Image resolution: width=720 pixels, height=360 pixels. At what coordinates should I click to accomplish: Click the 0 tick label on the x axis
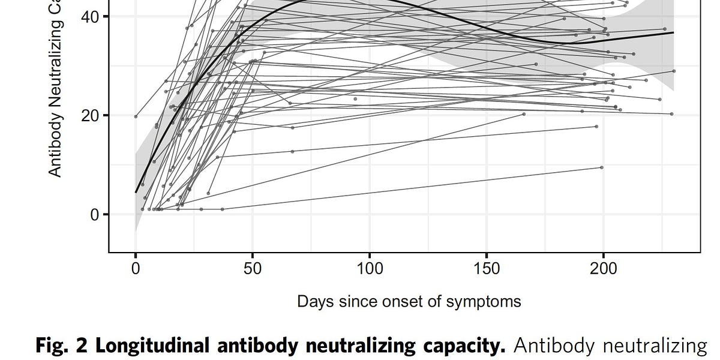pos(136,268)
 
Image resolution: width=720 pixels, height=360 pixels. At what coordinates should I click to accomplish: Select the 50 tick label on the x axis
pos(253,268)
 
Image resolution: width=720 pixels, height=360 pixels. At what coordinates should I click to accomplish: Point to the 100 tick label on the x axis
pos(370,268)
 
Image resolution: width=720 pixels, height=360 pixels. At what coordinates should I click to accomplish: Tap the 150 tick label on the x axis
pos(487,268)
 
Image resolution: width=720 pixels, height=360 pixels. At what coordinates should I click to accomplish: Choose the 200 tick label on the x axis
pos(604,268)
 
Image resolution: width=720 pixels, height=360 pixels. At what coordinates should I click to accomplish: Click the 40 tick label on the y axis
pos(91,17)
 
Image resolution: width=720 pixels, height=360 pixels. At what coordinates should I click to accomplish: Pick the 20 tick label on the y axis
pos(91,115)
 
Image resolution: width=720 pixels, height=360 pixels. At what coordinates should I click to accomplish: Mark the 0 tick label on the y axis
pos(95,214)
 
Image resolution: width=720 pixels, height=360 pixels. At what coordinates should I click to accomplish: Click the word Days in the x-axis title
pos(314,301)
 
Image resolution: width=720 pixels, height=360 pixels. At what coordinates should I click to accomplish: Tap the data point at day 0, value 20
pos(136,116)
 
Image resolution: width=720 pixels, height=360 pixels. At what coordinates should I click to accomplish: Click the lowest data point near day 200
pos(602,167)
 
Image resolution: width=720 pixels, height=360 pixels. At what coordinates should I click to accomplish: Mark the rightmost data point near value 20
pos(671,113)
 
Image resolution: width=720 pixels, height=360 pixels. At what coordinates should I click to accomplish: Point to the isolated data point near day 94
pos(355,98)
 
